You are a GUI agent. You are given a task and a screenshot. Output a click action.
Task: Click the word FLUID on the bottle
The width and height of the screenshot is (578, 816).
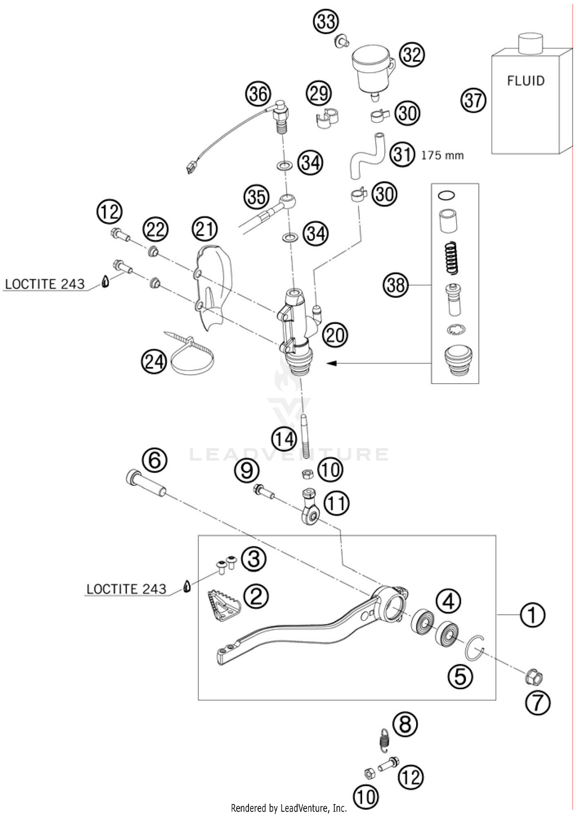tap(526, 81)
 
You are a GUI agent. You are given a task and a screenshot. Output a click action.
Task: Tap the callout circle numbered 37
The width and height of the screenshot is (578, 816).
tap(473, 101)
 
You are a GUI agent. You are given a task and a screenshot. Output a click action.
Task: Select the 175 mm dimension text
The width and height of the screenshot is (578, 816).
tap(442, 156)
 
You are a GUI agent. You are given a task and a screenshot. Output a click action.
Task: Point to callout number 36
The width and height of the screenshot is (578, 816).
tap(258, 94)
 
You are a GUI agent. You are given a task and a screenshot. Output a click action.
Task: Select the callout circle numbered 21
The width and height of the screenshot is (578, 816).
tap(205, 229)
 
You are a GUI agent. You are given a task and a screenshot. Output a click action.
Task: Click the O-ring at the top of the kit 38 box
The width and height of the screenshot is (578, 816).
tap(447, 196)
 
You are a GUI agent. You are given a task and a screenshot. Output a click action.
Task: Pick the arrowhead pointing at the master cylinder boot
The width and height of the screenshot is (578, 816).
tap(331, 363)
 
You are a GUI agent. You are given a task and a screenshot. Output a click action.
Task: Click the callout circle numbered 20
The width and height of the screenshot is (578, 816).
tap(335, 335)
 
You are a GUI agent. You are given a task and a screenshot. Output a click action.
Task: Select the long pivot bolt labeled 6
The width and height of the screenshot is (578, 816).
tap(146, 483)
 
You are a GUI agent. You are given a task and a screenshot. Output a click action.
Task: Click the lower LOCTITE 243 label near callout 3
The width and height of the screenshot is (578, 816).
tap(126, 589)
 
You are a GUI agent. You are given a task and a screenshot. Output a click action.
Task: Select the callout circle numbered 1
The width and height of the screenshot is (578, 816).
tap(532, 615)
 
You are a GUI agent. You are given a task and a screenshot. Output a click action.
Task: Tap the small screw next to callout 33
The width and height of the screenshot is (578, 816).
tap(341, 41)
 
